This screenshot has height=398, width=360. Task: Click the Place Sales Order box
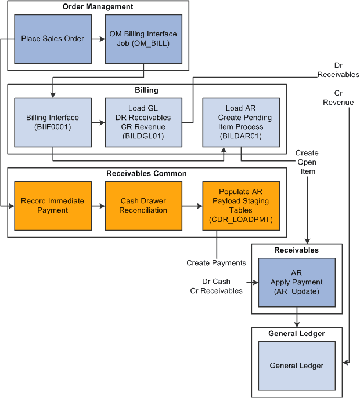(x=52, y=39)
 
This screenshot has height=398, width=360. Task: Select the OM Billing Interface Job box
(x=143, y=39)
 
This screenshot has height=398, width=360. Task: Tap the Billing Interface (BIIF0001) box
(x=52, y=122)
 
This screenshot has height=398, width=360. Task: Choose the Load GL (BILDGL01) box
(x=143, y=122)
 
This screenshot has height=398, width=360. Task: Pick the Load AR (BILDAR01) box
(x=240, y=122)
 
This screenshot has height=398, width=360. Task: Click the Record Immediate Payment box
(x=52, y=206)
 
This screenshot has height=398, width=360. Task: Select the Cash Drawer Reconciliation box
(x=143, y=206)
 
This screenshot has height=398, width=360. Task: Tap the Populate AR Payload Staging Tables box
(x=240, y=206)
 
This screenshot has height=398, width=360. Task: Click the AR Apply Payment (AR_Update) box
(x=297, y=282)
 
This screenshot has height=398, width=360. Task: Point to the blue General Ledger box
(x=297, y=366)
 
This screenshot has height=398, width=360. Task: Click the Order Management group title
(x=98, y=7)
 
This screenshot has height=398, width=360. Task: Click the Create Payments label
(x=216, y=263)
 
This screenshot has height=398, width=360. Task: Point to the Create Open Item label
(x=306, y=162)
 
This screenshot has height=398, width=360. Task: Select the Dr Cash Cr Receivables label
(x=216, y=286)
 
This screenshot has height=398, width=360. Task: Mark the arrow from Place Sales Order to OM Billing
(x=98, y=39)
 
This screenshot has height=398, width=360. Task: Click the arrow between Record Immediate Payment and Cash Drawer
(x=98, y=206)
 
